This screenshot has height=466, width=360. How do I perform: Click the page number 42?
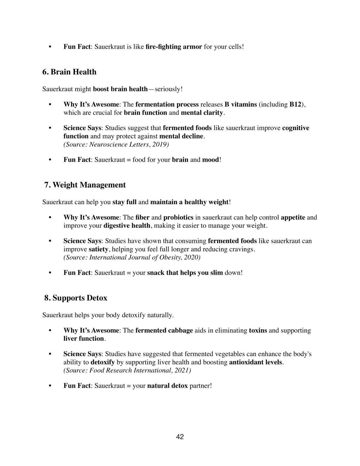[x=180, y=437]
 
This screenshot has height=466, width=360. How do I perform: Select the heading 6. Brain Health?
[x=69, y=72]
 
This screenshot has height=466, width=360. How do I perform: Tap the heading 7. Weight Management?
[x=85, y=185]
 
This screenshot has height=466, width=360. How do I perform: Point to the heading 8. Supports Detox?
[x=76, y=298]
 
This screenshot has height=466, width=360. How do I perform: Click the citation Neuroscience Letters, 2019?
[x=116, y=144]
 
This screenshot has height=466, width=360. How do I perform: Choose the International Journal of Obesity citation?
[x=132, y=257]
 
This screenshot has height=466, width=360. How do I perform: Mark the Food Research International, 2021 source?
[x=127, y=370]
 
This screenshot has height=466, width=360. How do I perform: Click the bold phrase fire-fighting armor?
[x=174, y=47]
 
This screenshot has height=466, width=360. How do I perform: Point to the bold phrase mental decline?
[x=181, y=136]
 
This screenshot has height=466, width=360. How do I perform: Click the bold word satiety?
[x=98, y=249]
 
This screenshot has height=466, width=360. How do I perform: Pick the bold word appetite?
[x=293, y=217]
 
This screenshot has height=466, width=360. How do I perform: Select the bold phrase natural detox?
[x=167, y=386]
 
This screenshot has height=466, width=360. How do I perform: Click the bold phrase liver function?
[x=83, y=338]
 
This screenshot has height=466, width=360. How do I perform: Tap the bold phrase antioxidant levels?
[x=256, y=362]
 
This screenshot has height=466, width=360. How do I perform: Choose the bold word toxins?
[x=258, y=330]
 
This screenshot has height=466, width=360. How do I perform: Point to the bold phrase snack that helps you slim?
[x=185, y=273]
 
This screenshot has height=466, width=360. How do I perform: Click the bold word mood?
[x=210, y=160]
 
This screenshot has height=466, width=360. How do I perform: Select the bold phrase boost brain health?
[x=120, y=89]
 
